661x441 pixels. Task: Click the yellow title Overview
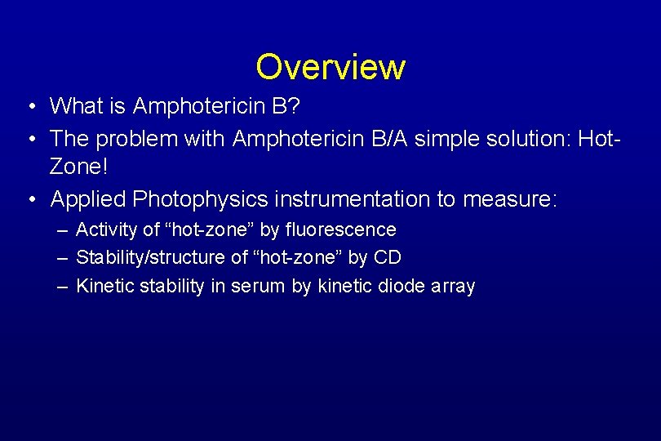pos(330,67)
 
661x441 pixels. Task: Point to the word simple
pos(450,140)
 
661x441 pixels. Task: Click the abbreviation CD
pos(388,258)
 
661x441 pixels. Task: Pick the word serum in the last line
pos(259,286)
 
